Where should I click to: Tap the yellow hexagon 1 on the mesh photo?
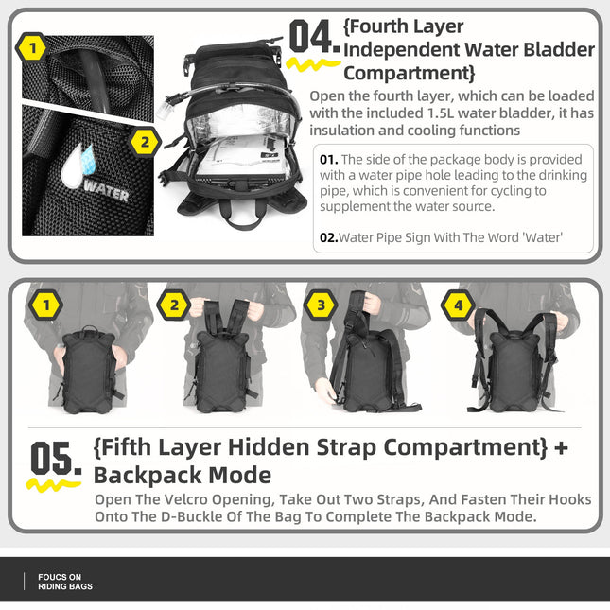[x=33, y=47]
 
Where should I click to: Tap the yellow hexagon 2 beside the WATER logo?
[x=144, y=143]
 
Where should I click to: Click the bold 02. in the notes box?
[x=327, y=237]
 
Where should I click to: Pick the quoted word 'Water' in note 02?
[x=542, y=237]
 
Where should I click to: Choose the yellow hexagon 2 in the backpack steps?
[x=173, y=305]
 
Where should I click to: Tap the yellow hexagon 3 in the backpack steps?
[x=321, y=305]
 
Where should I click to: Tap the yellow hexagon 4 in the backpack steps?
[x=459, y=305]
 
